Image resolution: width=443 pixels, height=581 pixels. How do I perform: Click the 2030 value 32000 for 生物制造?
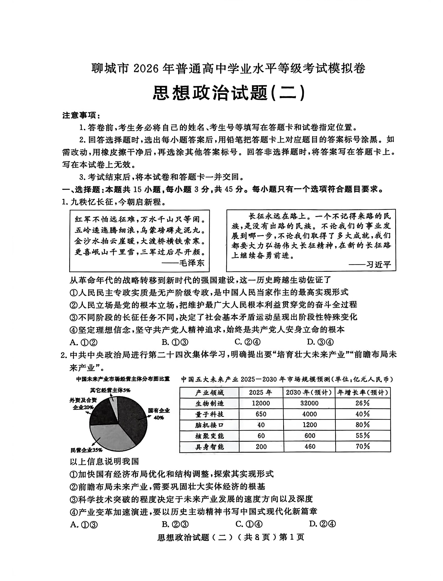(309, 403)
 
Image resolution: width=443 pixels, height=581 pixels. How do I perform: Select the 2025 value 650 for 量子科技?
(261, 414)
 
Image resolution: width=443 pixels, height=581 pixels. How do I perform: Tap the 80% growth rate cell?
(363, 425)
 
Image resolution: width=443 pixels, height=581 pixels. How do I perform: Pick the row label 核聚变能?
(209, 436)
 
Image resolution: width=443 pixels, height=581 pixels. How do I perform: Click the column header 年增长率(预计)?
(363, 393)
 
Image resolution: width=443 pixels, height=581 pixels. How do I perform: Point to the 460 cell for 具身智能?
(310, 446)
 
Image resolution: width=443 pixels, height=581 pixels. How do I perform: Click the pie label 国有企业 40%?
(159, 414)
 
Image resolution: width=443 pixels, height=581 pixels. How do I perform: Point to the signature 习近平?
(378, 265)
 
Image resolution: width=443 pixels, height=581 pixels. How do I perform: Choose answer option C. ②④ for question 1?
(247, 342)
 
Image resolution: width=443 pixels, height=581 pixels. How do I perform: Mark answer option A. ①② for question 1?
(83, 342)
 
